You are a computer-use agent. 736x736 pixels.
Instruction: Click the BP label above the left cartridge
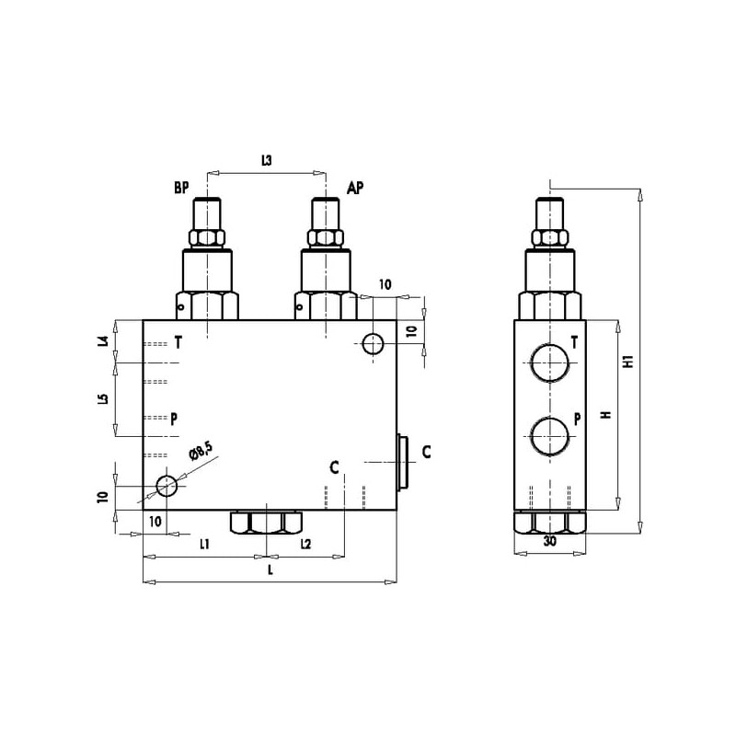tap(181, 188)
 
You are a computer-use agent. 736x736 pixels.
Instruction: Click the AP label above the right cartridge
tap(355, 188)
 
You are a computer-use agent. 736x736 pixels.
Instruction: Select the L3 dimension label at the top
tap(266, 160)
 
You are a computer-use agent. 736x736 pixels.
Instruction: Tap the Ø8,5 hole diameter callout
tap(201, 451)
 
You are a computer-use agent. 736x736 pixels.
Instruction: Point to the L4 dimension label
tap(104, 340)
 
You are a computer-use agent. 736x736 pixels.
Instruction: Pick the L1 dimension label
tap(204, 544)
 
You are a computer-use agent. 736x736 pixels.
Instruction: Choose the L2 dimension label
tap(305, 544)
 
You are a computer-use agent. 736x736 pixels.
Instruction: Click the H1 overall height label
tap(628, 361)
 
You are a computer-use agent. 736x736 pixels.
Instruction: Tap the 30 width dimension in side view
tap(549, 541)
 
